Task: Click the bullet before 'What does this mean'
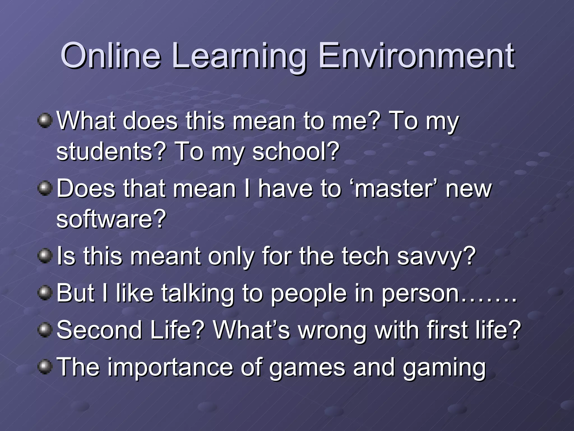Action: point(45,121)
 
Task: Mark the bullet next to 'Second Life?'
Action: point(45,330)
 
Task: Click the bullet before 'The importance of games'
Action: point(45,367)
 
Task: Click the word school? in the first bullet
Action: point(296,151)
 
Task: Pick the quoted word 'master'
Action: point(394,189)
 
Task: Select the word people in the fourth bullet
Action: point(308,294)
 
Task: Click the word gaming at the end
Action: point(444,368)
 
